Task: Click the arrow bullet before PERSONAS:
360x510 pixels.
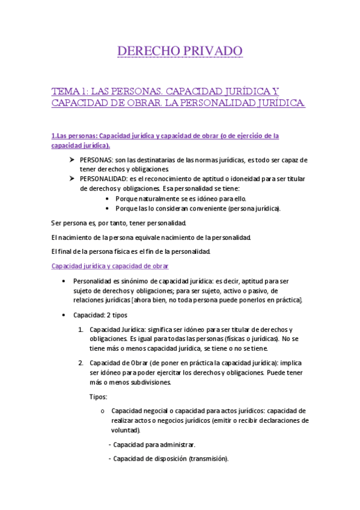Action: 72,160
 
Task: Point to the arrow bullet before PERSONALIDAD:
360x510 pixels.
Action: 72,179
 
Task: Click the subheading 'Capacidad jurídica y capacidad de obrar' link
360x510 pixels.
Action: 110,266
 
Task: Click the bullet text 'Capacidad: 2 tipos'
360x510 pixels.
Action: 100,315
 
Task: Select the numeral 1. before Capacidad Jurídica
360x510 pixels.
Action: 81,330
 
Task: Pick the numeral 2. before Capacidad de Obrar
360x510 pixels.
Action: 81,363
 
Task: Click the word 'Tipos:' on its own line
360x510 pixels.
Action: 98,397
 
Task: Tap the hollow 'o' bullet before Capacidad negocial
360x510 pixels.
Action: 103,411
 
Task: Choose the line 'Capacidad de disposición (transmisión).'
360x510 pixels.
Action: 171,459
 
